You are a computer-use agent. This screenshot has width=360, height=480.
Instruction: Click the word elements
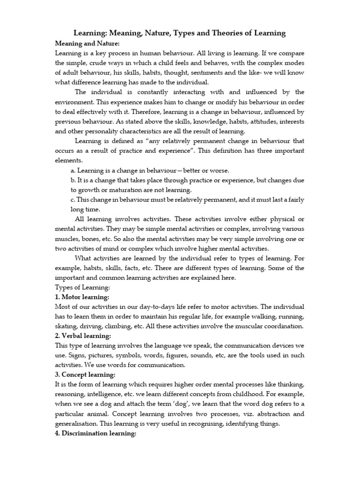pyautogui.click(x=68, y=160)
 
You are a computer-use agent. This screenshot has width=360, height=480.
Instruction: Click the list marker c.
pyautogui.click(x=73, y=200)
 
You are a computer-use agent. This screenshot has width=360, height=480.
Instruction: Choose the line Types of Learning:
pyautogui.click(x=82, y=287)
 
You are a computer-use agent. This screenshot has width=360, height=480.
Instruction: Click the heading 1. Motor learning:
pyautogui.click(x=82, y=297)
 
